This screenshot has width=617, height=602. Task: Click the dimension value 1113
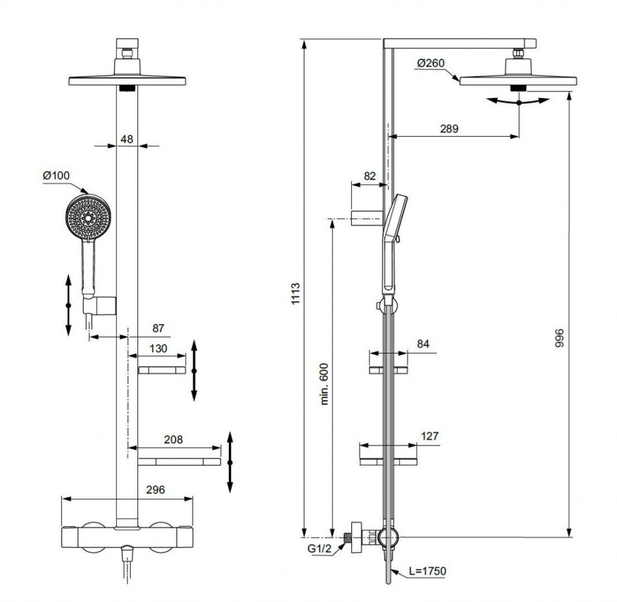[x=296, y=294]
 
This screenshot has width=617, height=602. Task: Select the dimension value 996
[x=559, y=341]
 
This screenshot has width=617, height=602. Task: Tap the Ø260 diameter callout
[x=429, y=63]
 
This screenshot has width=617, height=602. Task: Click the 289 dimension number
[x=449, y=128]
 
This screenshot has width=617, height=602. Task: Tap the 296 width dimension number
[x=156, y=489]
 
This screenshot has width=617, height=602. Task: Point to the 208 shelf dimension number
[x=173, y=439]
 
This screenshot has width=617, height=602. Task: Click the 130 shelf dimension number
[x=158, y=347]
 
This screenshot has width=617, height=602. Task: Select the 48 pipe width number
[x=127, y=138]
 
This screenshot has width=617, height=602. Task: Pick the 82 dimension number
[x=370, y=176]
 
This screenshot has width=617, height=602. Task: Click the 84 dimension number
[x=424, y=344]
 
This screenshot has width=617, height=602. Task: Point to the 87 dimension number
[x=158, y=328]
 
